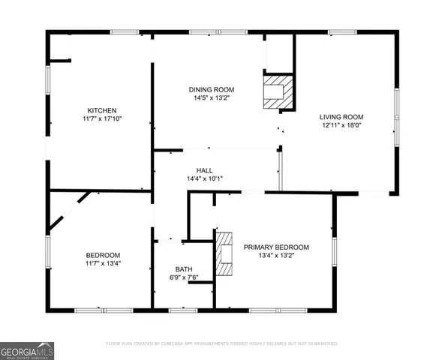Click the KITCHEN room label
coord(101,110)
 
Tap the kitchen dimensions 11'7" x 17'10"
coord(101,119)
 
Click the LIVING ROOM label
coord(341,116)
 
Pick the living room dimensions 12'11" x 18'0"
coord(341,125)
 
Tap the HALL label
coord(205,170)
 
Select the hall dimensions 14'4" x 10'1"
coord(205,179)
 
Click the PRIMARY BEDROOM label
coord(276,247)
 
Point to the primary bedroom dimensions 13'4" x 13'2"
coord(276,256)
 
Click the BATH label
coord(184,269)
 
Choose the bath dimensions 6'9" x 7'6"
coord(184,278)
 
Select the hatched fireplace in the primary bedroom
coord(224,255)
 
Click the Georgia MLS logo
coord(26,350)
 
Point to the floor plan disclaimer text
coord(221,343)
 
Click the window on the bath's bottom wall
coord(183,310)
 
